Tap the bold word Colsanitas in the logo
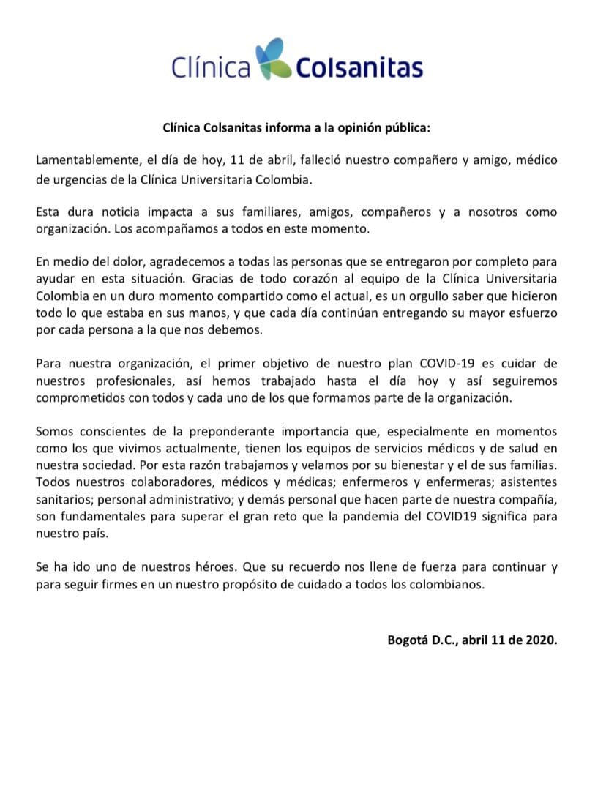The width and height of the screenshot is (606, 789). click(x=359, y=68)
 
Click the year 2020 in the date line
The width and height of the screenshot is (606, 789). click(x=540, y=638)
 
